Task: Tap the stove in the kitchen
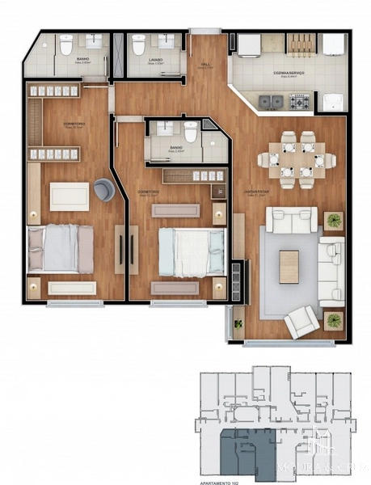(x=299, y=103)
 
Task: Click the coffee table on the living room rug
(x=289, y=266)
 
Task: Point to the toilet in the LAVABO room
(x=138, y=44)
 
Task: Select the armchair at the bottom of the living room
(x=301, y=322)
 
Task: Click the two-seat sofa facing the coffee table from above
(x=292, y=219)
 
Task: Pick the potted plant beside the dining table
(x=333, y=219)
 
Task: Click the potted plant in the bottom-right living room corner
(x=332, y=321)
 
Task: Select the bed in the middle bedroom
(x=191, y=251)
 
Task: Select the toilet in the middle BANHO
(x=191, y=133)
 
